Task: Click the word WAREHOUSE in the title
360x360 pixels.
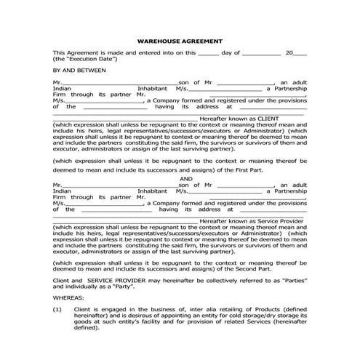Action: click(157, 41)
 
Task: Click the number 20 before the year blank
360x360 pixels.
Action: click(289, 52)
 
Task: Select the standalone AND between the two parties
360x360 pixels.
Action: click(185, 178)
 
